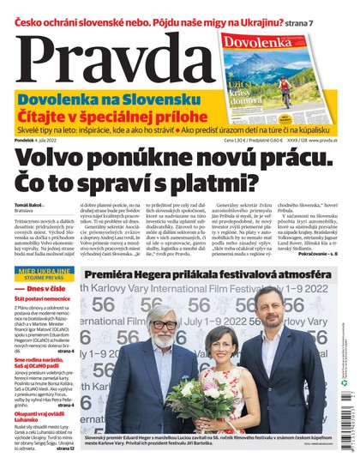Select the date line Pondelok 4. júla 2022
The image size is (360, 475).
[x=34, y=140]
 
